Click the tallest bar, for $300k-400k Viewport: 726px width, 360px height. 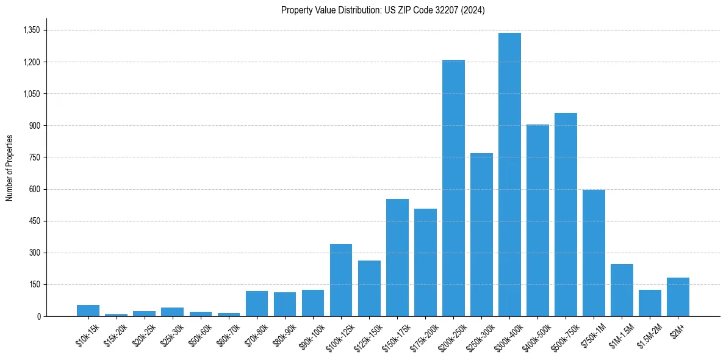pyautogui.click(x=509, y=175)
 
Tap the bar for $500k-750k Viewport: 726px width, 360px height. pyautogui.click(x=566, y=214)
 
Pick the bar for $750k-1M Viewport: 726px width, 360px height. pyautogui.click(x=594, y=253)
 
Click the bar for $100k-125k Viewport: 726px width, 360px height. pyautogui.click(x=341, y=280)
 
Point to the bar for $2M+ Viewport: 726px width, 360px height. pyautogui.click(x=678, y=297)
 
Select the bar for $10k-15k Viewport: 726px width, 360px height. pyautogui.click(x=88, y=311)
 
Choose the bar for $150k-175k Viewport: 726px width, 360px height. pyautogui.click(x=397, y=257)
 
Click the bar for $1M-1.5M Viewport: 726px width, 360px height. pyautogui.click(x=622, y=290)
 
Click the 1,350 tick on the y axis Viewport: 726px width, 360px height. pyautogui.click(x=31, y=30)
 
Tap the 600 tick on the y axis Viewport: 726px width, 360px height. pyautogui.click(x=34, y=189)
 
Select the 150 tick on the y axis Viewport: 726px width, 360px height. pyautogui.click(x=34, y=284)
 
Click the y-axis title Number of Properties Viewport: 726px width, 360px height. pyautogui.click(x=9, y=168)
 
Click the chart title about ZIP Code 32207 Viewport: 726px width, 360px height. pyautogui.click(x=383, y=10)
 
